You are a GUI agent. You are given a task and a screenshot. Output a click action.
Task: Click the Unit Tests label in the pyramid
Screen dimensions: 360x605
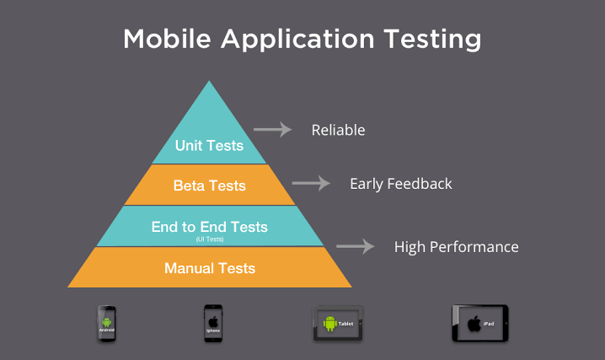209,146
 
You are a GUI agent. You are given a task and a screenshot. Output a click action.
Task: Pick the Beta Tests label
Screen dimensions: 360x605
209,185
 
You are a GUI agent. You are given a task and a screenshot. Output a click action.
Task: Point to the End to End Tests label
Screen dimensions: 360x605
209,227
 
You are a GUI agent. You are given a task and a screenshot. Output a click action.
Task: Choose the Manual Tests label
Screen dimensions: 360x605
210,268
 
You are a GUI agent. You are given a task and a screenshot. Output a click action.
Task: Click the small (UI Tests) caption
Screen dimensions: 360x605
209,239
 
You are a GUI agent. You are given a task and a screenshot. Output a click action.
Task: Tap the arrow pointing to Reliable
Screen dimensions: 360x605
272,130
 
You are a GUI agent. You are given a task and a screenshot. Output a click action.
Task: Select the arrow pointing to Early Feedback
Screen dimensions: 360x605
310,183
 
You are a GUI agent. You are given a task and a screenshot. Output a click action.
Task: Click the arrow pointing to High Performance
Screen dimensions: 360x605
355,247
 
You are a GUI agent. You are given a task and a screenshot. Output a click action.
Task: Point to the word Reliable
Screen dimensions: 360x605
338,130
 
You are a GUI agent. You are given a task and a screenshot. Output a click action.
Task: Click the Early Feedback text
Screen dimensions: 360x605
400,183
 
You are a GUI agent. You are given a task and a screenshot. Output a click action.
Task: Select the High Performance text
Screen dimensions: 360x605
456,247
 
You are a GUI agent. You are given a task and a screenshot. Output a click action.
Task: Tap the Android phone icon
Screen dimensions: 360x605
106,323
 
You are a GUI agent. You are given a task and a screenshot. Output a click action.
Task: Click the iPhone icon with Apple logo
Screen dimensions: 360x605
212,323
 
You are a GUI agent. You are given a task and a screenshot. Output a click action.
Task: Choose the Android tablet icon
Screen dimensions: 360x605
338,323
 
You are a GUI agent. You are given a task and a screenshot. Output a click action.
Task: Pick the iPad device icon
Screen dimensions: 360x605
479,323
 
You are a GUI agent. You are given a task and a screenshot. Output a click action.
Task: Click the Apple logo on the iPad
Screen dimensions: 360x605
474,323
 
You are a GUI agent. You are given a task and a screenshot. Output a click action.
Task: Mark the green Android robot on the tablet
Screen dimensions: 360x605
330,323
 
